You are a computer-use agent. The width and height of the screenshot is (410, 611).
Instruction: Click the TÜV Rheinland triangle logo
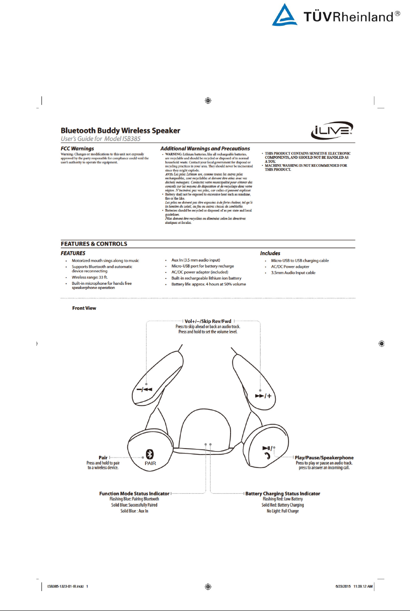284,16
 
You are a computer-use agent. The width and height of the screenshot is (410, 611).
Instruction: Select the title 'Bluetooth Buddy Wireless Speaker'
121,130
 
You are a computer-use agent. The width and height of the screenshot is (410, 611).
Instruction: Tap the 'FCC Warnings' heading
77,149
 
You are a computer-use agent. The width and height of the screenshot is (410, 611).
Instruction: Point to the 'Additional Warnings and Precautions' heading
205,149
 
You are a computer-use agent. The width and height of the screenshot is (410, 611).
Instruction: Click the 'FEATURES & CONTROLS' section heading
94,244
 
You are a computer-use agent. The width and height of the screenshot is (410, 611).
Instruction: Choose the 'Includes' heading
270,253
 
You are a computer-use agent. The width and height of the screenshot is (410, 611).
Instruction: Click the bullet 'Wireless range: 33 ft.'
90,277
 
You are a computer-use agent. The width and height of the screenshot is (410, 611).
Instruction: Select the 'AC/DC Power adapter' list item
290,267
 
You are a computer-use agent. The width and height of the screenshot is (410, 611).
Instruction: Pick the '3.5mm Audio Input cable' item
293,272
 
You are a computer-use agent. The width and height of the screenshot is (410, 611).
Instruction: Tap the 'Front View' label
84,308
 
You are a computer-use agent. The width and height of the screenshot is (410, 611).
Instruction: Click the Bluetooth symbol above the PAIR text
150,454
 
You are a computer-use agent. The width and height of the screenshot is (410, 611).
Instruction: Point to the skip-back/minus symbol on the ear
144,389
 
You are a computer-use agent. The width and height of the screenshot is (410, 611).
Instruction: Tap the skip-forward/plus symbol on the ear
263,396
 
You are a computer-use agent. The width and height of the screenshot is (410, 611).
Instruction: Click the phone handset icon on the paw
267,456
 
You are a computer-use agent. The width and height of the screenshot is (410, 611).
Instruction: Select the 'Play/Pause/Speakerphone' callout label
324,457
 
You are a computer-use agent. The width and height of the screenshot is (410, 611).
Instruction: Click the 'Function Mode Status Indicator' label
134,493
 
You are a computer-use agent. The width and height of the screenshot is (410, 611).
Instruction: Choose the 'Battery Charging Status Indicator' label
283,493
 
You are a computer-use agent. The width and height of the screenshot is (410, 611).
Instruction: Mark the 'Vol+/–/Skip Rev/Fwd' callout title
208,321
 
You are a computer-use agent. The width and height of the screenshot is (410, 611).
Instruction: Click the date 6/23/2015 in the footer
343,586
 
